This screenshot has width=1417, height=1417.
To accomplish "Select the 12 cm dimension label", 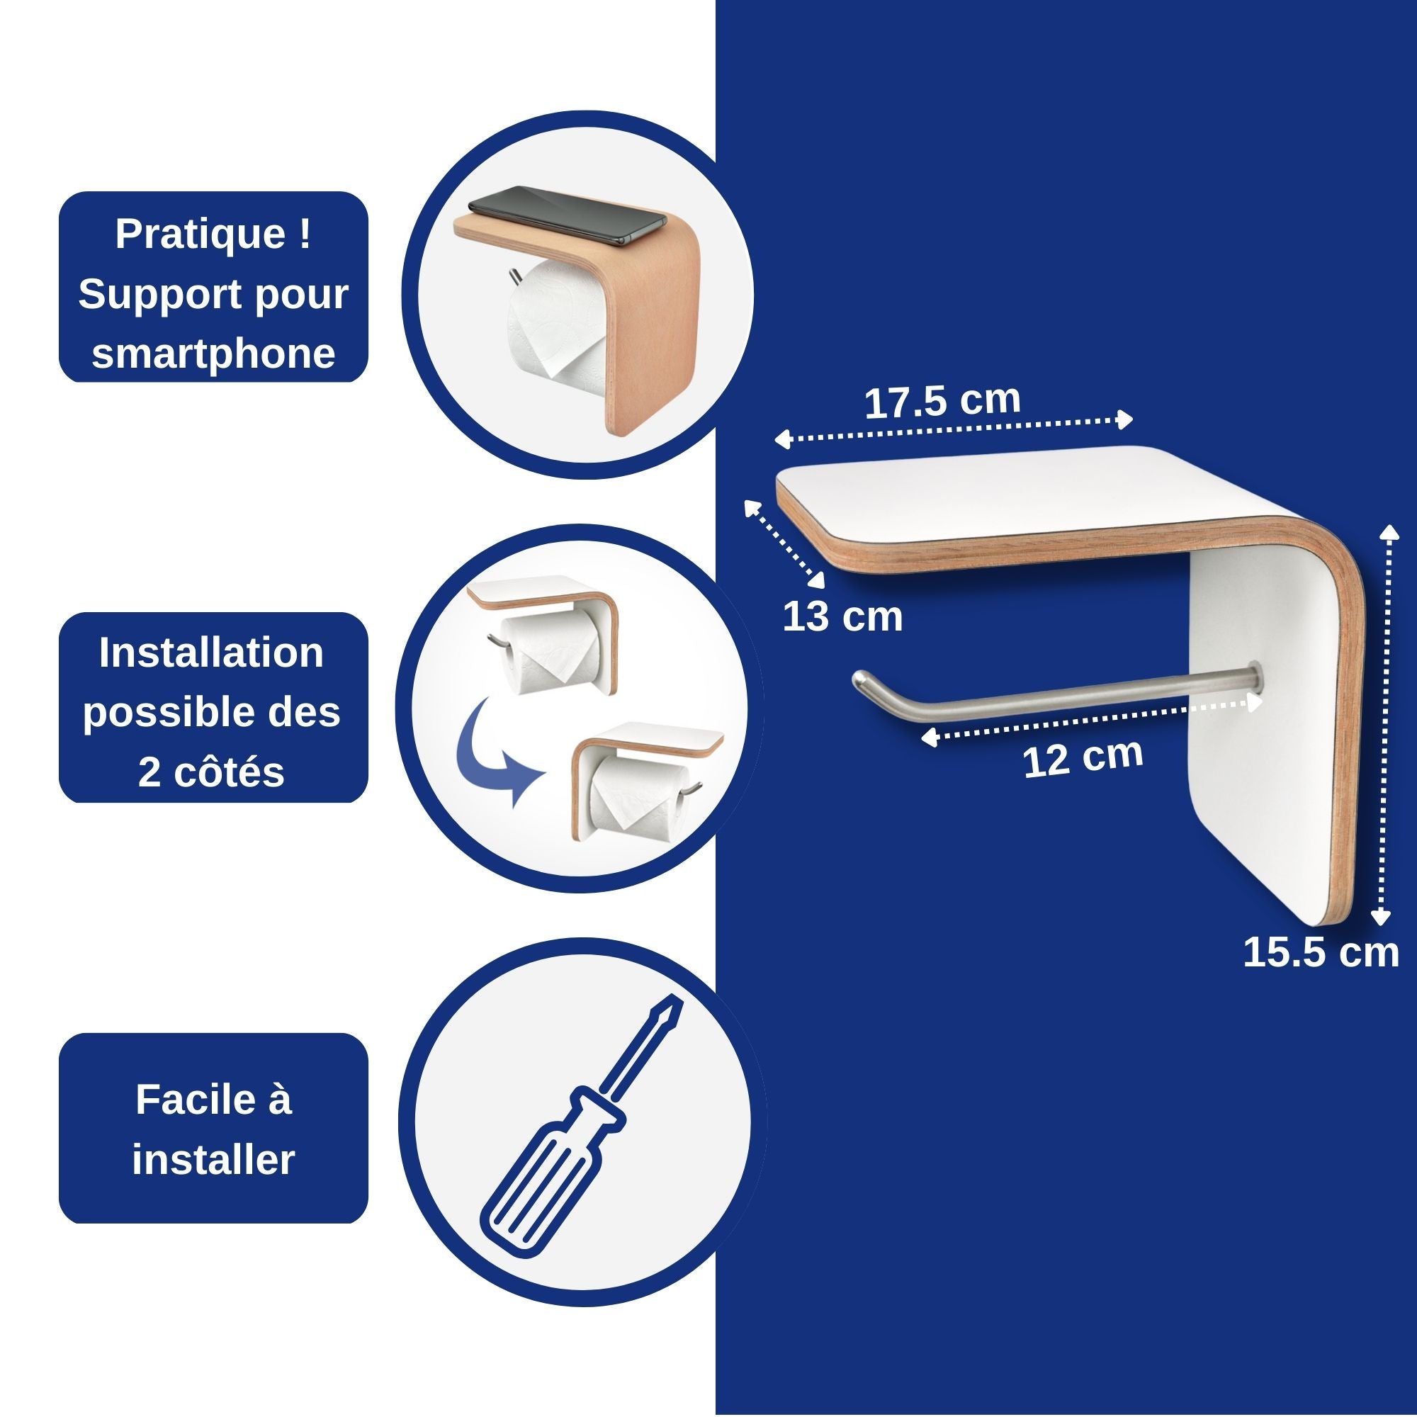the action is [1083, 757].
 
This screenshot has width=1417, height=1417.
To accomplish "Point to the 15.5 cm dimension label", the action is [1321, 953].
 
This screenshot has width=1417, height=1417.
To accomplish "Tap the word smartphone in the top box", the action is [213, 354].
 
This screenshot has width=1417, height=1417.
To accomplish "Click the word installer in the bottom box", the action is [213, 1160].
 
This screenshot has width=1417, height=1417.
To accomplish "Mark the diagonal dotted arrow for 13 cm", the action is [785, 543].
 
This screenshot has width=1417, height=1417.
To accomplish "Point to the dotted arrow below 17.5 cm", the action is [954, 430].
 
